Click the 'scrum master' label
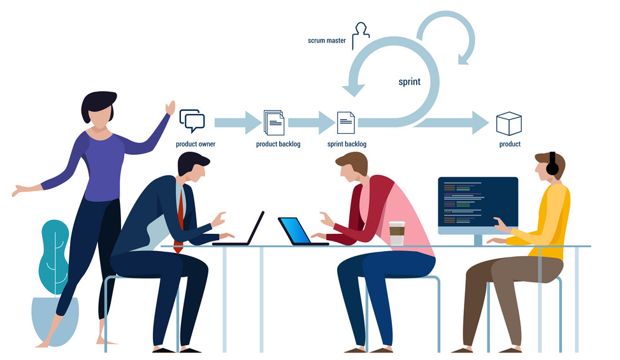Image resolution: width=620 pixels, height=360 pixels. pos(327,40)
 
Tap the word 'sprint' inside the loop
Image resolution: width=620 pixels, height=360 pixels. pos(409,82)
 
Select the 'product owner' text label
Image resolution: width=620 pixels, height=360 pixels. pos(196,144)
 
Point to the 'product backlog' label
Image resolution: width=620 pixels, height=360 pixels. pos(278,144)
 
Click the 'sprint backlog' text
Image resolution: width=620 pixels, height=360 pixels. pos(347,144)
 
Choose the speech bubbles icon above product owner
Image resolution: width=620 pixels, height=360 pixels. pos(192,121)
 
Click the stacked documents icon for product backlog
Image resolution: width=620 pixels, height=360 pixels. pos(273,122)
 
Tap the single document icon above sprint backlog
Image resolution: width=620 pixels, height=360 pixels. pos(345,122)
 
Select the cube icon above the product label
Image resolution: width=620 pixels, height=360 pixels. pos(509,124)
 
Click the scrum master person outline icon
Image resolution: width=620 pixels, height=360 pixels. pos(361,36)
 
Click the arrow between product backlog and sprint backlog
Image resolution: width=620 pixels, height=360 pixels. pos(312,122)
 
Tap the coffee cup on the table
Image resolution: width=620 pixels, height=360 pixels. pos(397,234)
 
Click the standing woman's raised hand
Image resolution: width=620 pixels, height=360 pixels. pos(170,108)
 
